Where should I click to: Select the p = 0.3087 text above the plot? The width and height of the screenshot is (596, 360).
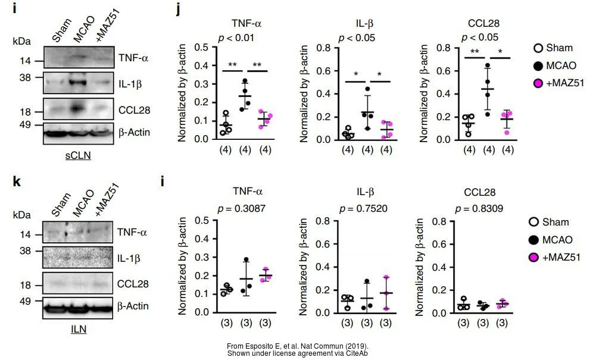(248, 208)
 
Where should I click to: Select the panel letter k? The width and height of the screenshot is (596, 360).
(17, 181)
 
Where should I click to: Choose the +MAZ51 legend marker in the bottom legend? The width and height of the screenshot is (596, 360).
(534, 257)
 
